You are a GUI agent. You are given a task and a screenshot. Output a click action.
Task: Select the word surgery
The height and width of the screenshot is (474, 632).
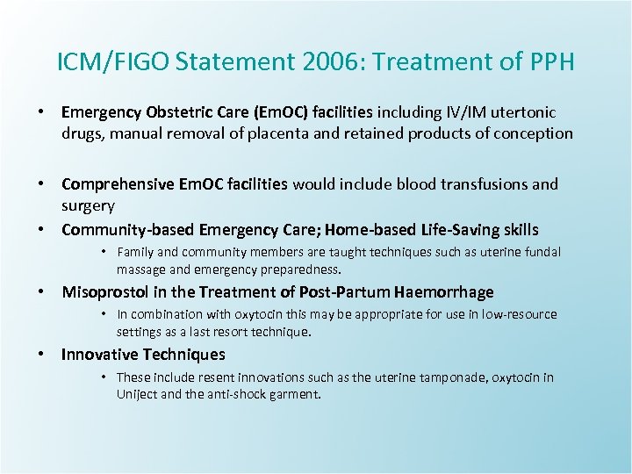(x=88, y=205)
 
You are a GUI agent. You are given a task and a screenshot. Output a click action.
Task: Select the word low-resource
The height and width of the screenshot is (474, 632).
(x=519, y=315)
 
